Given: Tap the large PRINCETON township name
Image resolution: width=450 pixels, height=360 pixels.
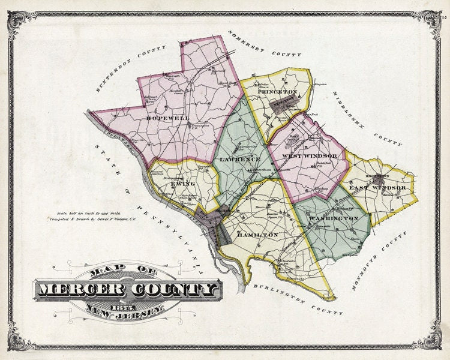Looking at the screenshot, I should [277, 92].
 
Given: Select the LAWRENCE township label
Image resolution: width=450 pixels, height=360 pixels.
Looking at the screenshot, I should [239, 160].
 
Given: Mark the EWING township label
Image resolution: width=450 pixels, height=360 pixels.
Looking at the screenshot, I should [184, 184].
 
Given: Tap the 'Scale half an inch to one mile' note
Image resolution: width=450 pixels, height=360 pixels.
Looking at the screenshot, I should [77, 213].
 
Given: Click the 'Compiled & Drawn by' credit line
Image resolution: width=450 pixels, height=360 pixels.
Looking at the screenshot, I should [81, 220].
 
